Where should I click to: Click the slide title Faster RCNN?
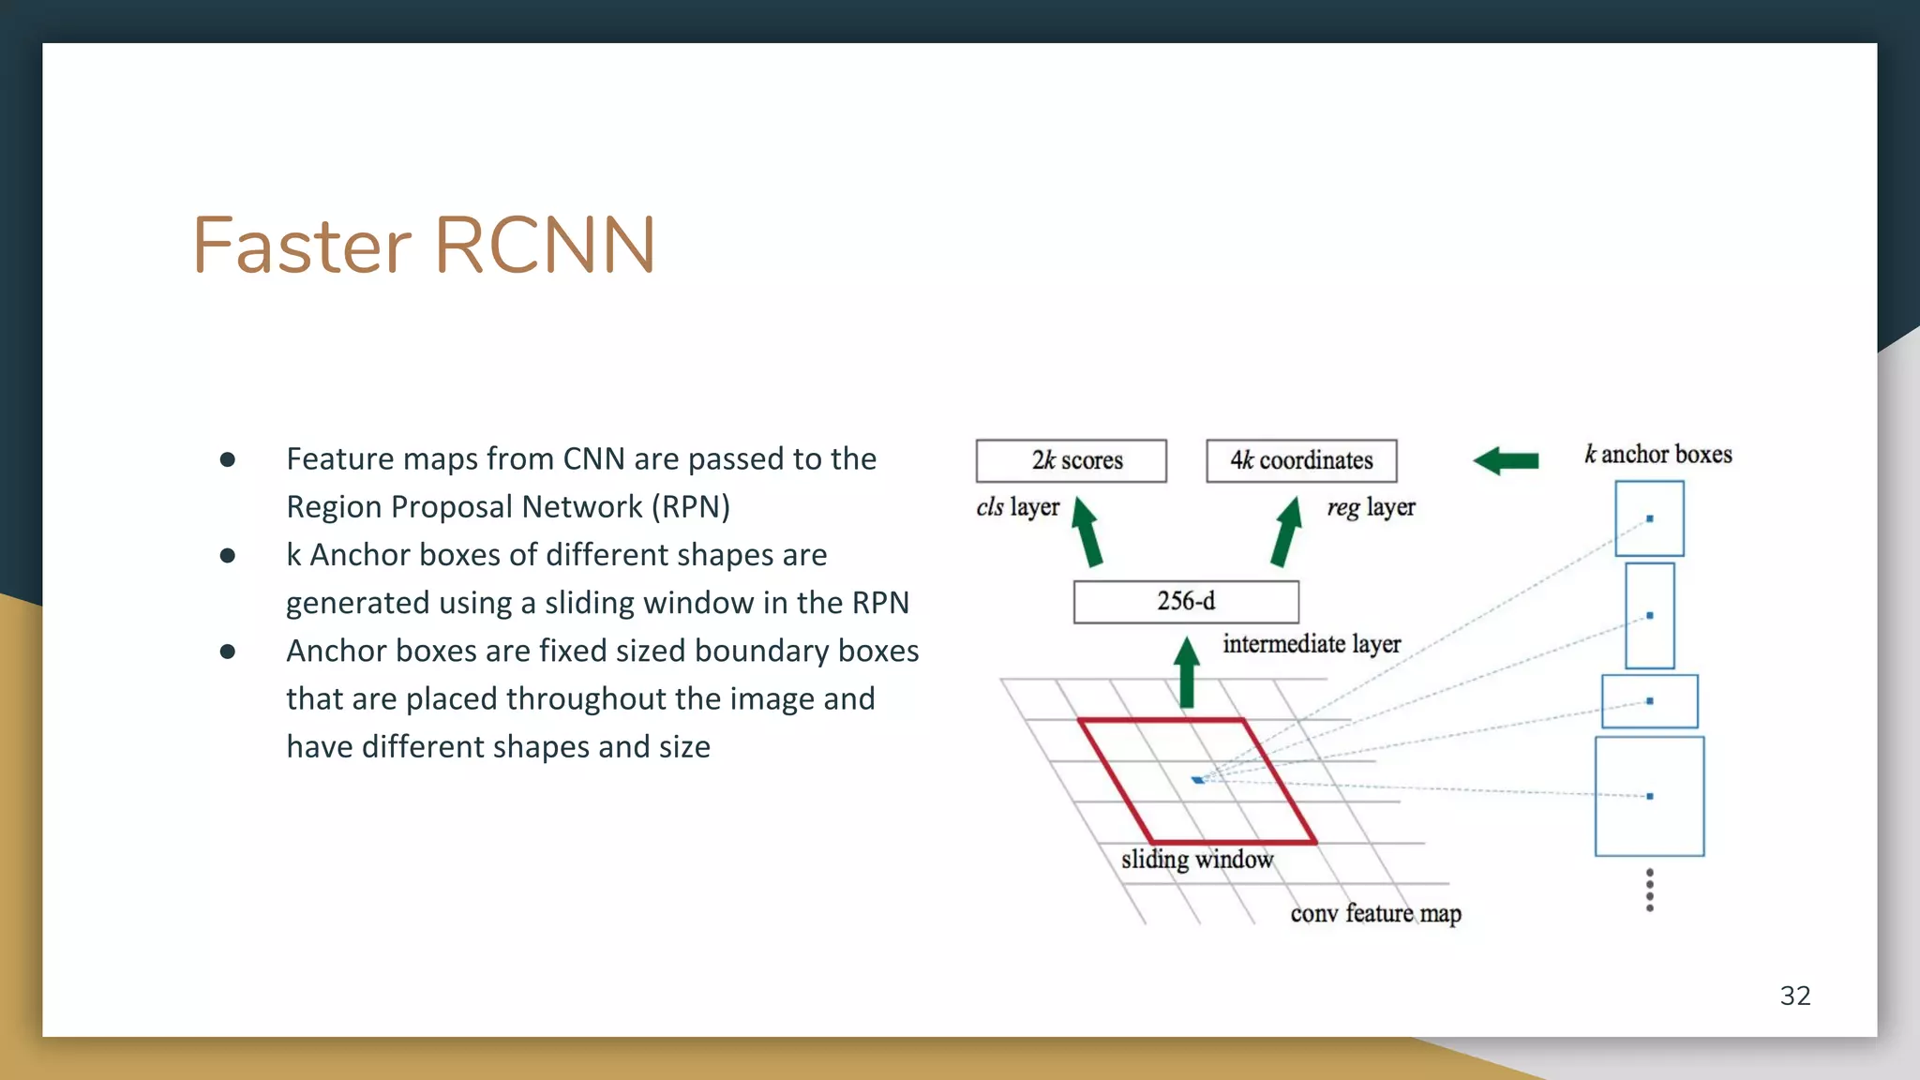point(424,246)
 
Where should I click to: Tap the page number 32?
point(1794,996)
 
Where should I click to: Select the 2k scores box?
point(1072,460)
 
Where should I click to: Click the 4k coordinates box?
point(1301,460)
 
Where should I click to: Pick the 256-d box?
point(1186,601)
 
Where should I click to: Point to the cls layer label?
point(1017,507)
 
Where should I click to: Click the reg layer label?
point(1371,507)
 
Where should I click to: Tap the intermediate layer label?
point(1312,644)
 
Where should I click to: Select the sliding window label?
point(1197,859)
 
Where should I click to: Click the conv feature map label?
point(1375,913)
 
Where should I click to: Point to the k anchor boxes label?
point(1657,455)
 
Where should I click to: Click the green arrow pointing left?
point(1506,460)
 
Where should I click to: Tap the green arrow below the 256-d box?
point(1187,673)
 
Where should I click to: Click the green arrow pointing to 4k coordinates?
point(1286,532)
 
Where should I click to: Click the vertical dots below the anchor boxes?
point(1650,890)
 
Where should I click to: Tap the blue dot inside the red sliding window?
point(1198,779)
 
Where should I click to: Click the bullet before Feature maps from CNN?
point(227,459)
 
